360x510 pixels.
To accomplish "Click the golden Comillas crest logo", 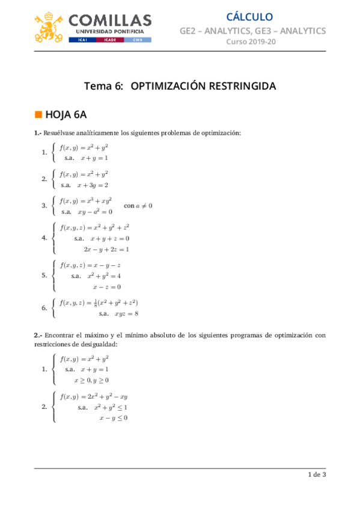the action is tap(52, 26).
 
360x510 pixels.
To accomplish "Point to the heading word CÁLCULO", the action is tap(249, 17).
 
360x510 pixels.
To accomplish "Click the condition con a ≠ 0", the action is tap(138, 206).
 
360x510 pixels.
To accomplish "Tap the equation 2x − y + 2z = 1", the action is tap(106, 248).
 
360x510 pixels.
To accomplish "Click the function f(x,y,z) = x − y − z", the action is tap(91, 265).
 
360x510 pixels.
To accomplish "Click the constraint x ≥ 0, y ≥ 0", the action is tap(91, 380).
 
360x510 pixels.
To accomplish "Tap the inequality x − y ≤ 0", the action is tap(113, 418).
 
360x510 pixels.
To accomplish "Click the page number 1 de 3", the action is tap(317, 475).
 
